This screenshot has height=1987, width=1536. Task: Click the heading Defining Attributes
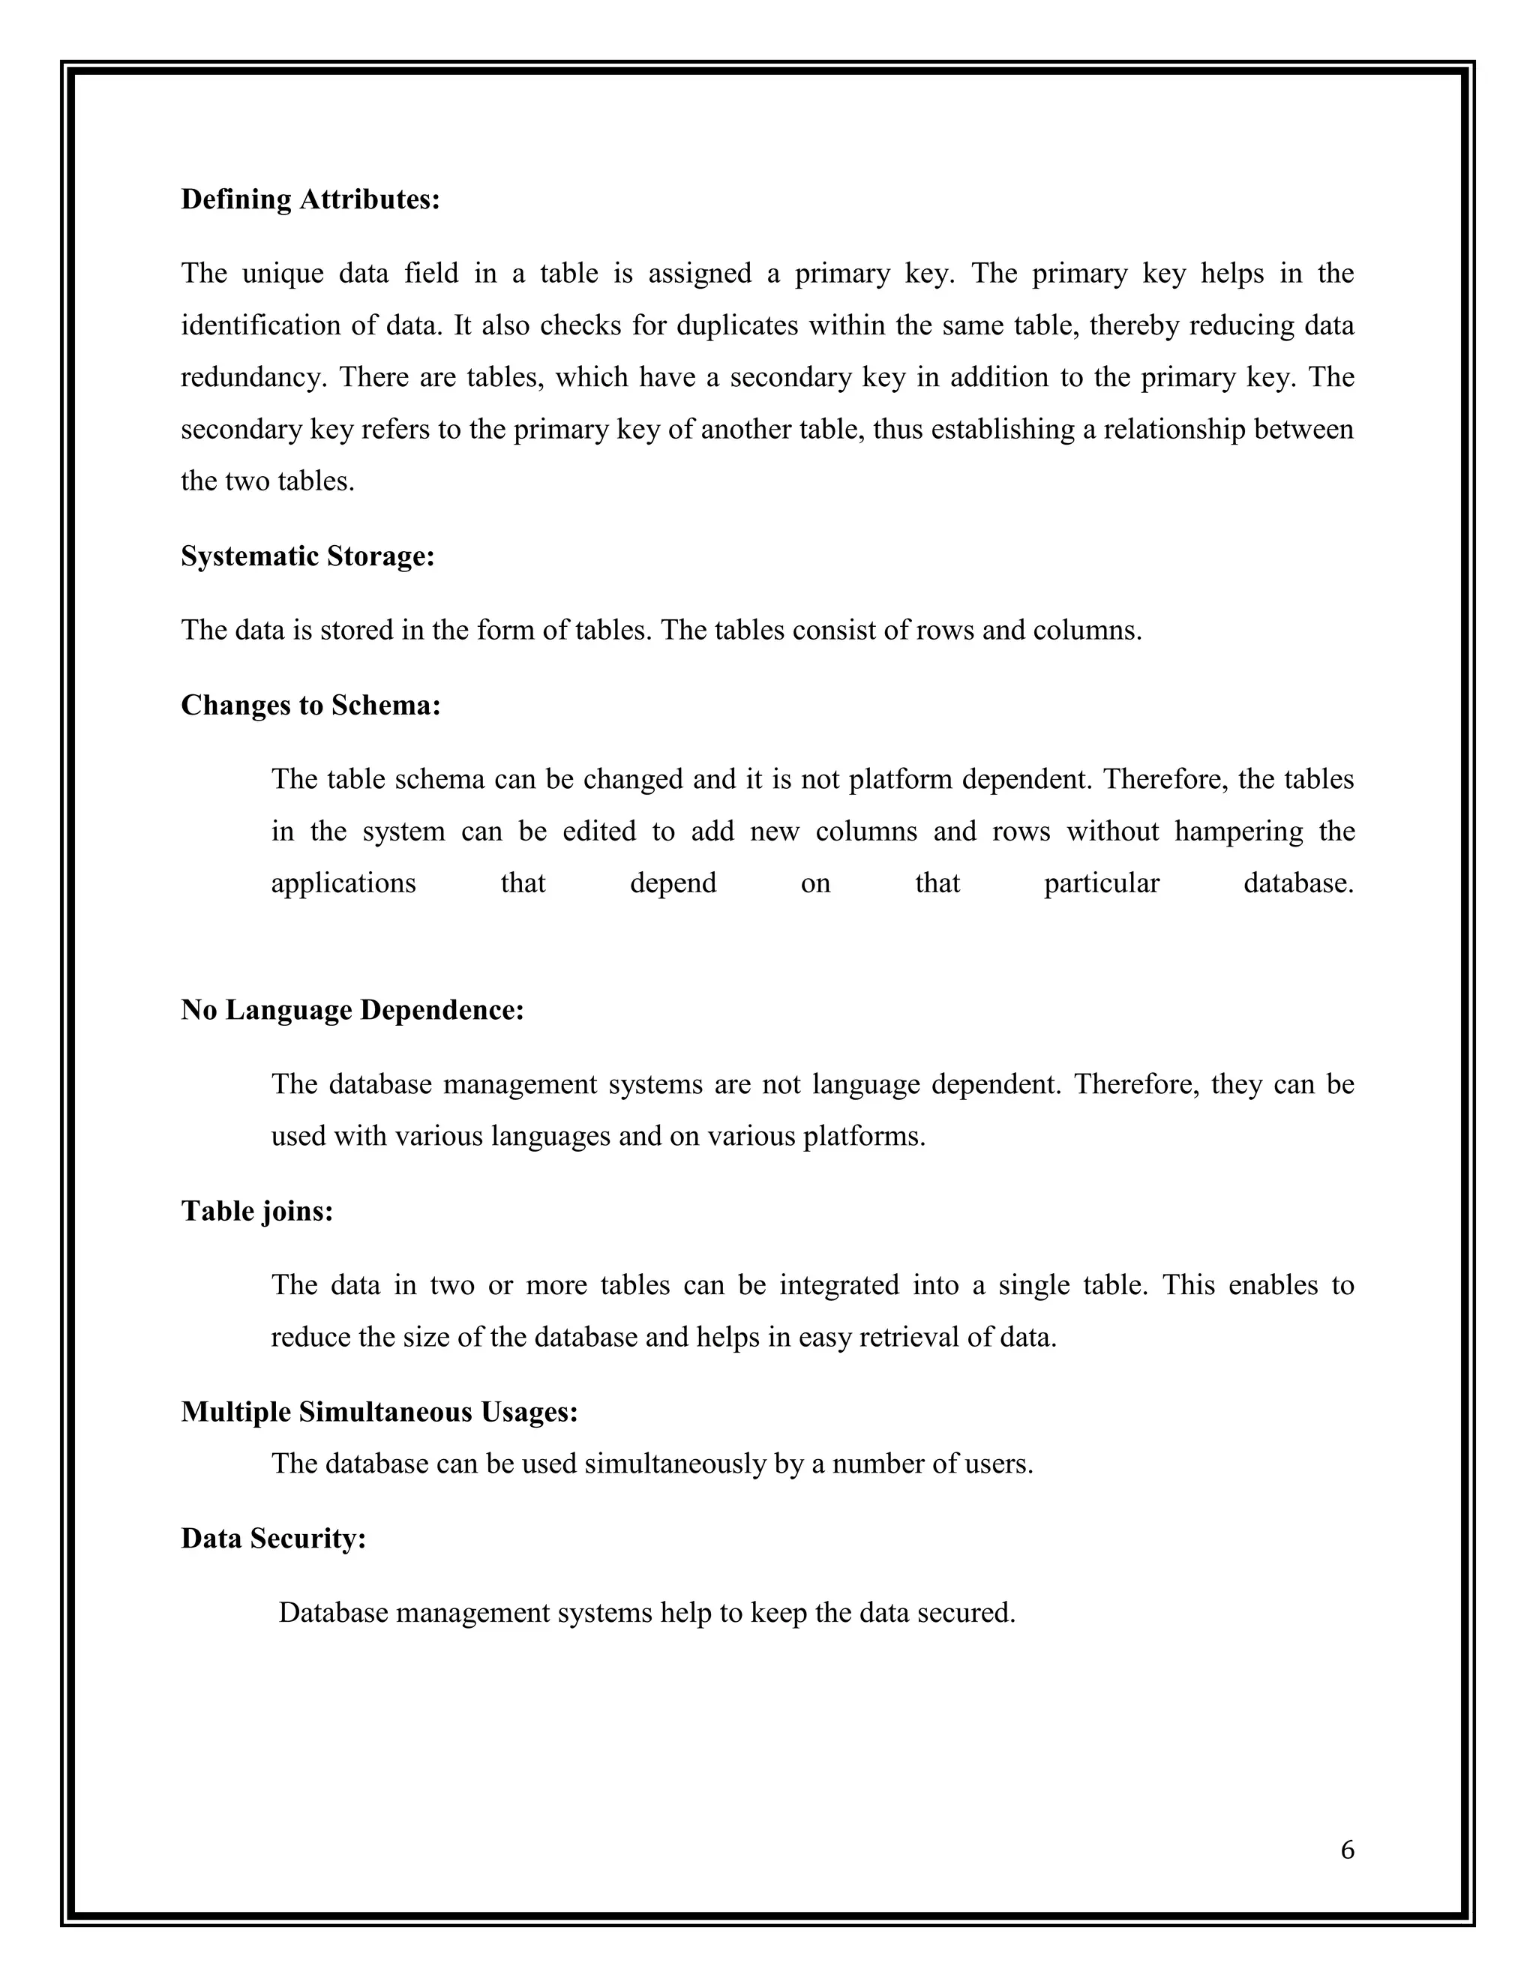click(x=310, y=199)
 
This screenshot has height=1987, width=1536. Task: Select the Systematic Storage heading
click(x=307, y=556)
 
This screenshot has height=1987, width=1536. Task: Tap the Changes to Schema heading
click(x=310, y=705)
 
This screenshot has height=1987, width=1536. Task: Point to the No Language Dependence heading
click(x=352, y=1010)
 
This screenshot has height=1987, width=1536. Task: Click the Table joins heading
click(x=256, y=1211)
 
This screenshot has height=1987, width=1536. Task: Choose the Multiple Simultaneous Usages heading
click(x=379, y=1412)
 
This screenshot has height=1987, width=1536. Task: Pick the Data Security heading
click(x=273, y=1539)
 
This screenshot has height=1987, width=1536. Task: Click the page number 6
click(x=1347, y=1850)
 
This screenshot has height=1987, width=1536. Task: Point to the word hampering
click(x=1238, y=832)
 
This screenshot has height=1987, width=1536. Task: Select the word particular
click(x=1101, y=883)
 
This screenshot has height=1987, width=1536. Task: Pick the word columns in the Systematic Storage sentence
click(x=1087, y=631)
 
